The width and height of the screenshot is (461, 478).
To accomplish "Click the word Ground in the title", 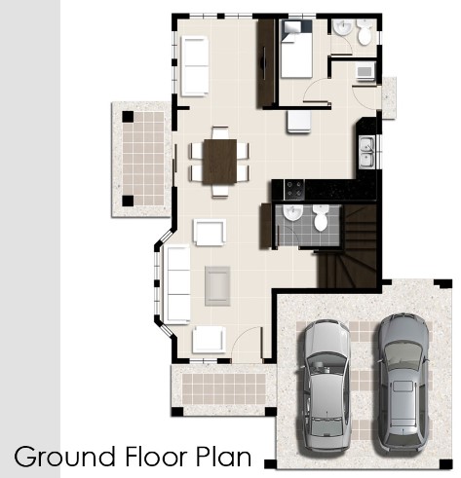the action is [64, 456].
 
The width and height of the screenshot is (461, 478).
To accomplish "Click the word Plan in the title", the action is [224, 456].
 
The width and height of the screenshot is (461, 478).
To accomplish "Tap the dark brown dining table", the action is [220, 162].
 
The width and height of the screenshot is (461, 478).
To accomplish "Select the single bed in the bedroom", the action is [296, 49].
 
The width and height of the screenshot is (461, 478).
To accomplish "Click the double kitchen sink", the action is [366, 152].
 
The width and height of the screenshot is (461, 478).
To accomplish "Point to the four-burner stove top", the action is [294, 190].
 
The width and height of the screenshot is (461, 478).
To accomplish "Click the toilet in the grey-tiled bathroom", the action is [321, 217].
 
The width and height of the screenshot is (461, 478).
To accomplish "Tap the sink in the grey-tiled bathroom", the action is [292, 213].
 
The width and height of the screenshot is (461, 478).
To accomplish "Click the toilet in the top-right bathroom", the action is [365, 32].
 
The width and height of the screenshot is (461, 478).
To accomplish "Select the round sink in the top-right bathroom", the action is [343, 27].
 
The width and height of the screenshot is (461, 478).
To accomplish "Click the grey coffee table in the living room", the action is [217, 286].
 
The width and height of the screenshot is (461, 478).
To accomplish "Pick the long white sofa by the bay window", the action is [178, 284].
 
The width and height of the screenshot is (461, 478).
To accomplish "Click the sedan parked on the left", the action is [327, 386].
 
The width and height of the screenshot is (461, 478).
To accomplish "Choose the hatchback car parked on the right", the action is [403, 383].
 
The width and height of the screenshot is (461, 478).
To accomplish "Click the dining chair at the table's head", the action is [220, 132].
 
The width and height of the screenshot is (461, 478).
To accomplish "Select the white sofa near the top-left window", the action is [195, 66].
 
